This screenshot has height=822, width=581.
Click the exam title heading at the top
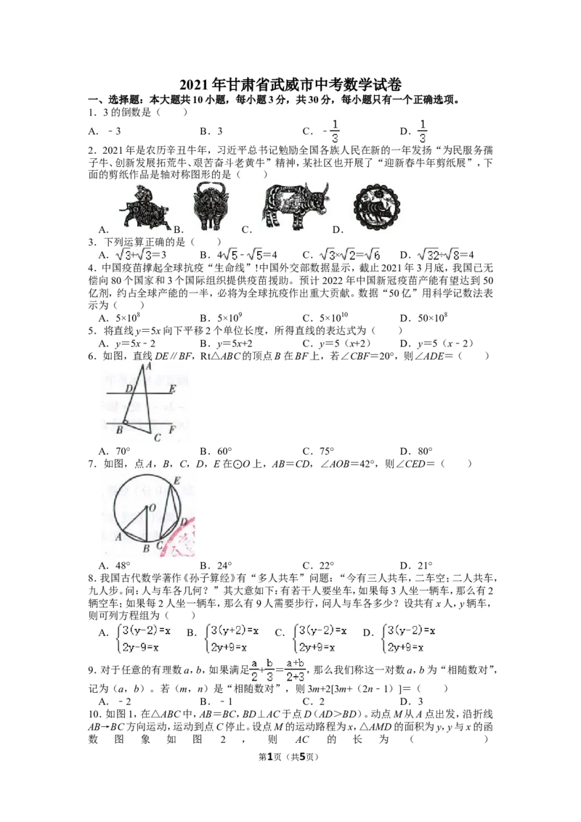point(290,85)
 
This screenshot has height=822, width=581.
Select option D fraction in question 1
point(422,131)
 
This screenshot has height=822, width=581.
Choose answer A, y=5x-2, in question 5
point(127,344)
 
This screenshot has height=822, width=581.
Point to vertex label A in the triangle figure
point(148,367)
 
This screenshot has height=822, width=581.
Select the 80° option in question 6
point(416,451)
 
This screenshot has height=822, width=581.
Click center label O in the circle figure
point(153,508)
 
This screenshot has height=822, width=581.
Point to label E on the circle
point(176,481)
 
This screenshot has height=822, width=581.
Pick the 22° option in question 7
point(318,566)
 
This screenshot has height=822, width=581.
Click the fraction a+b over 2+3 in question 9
point(295,670)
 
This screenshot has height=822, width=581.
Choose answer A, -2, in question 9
point(115,701)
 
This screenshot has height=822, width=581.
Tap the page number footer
point(290,757)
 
